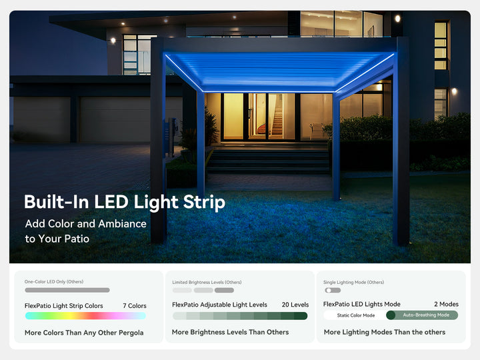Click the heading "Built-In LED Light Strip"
125,202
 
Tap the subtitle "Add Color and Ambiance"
85,223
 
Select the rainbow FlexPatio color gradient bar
85,315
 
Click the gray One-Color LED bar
67,290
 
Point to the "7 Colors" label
135,306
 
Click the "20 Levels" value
295,305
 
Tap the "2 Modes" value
446,304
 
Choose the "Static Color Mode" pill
355,315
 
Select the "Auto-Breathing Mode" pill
425,315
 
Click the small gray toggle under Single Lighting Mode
332,290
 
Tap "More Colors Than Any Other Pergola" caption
84,332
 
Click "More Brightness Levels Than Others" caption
229,332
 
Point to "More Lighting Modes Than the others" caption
384,332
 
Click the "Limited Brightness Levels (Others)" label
207,282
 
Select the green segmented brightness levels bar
240,316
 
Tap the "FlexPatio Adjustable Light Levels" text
219,305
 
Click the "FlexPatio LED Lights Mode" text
362,304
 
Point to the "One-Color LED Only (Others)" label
54,281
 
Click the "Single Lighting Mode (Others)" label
353,282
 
